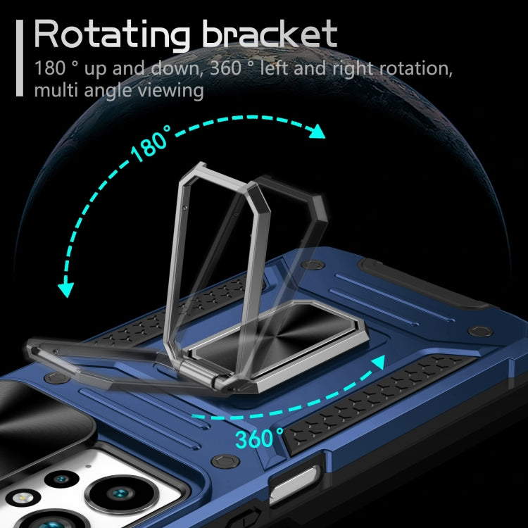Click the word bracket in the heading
point(270,33)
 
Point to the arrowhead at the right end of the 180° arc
point(318,132)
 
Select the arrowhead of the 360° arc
point(379,363)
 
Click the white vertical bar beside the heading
point(20,58)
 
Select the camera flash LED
point(23,497)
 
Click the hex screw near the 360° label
point(225,461)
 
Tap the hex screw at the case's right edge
point(481,331)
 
